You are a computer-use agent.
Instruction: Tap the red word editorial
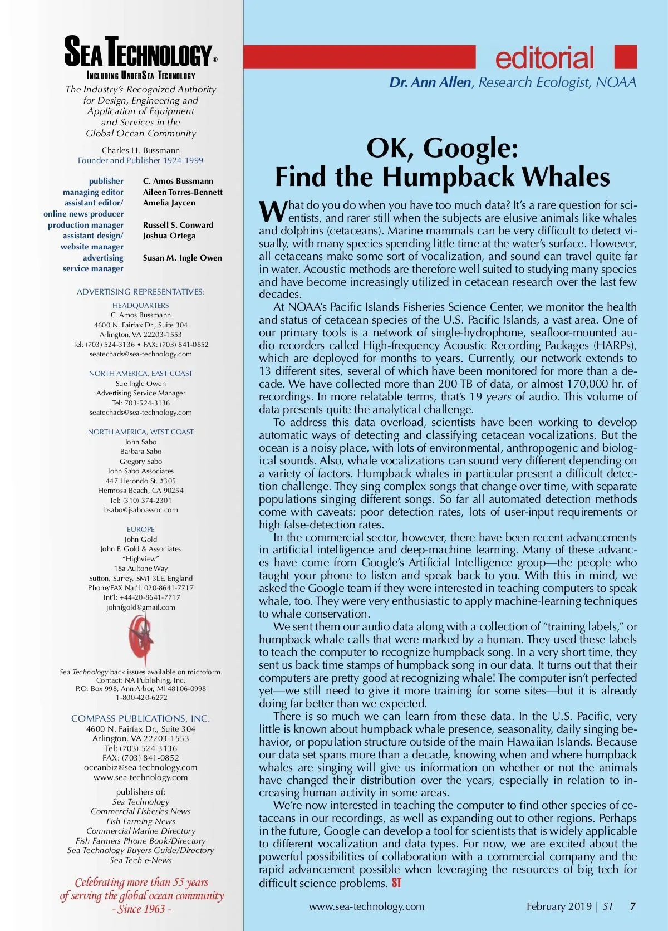[x=544, y=58]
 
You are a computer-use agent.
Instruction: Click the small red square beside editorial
[x=625, y=57]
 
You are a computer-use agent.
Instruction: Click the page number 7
[x=632, y=906]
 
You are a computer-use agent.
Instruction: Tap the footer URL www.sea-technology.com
[x=366, y=906]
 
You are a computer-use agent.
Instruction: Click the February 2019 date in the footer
[x=559, y=906]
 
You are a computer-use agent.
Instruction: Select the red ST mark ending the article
[x=396, y=883]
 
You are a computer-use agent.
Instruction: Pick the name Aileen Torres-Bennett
[x=183, y=192]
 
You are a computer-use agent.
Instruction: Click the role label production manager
[x=86, y=225]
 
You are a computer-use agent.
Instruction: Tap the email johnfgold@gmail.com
[x=141, y=607]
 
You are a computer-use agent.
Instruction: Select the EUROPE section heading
[x=141, y=529]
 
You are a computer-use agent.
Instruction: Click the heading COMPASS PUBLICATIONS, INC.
[x=141, y=718]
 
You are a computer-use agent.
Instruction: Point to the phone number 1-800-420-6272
[x=141, y=698]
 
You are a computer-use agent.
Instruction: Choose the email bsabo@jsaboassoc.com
[x=141, y=509]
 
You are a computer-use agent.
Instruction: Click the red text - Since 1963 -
[x=141, y=909]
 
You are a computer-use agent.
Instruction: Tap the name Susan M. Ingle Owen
[x=182, y=258]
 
